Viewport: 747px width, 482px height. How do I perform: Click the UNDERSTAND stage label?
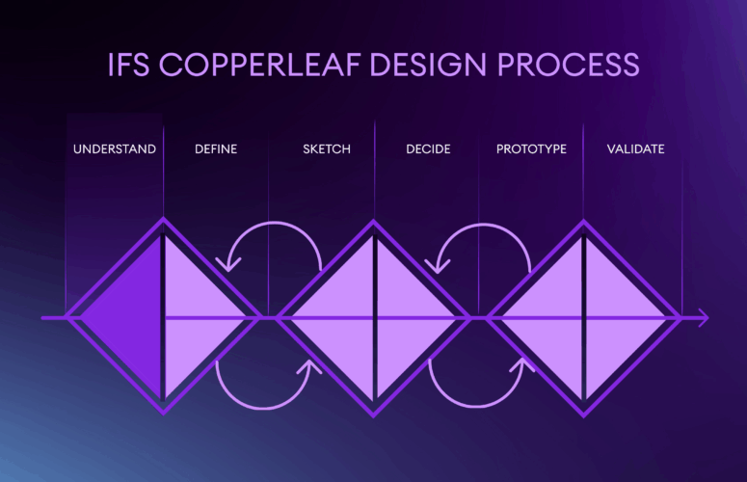click(x=115, y=149)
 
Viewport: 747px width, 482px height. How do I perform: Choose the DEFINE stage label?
click(x=216, y=149)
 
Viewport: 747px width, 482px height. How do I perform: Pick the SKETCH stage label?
click(x=327, y=149)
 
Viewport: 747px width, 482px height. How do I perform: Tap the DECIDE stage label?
click(x=428, y=149)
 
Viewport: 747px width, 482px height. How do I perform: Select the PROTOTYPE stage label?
click(x=531, y=149)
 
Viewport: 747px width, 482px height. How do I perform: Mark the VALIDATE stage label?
click(x=635, y=149)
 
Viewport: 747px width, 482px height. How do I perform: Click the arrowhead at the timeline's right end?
click(x=704, y=316)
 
